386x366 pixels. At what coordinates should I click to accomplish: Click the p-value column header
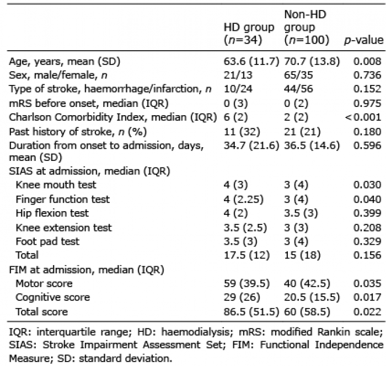click(363, 40)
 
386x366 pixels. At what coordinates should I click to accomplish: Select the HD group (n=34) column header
click(249, 34)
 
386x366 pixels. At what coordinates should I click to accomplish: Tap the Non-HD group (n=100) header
click(307, 27)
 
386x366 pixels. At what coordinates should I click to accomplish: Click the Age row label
click(65, 61)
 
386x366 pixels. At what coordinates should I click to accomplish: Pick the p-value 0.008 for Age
click(367, 61)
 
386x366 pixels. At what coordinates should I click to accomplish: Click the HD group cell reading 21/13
click(238, 75)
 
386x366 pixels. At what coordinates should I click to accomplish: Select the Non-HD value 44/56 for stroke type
click(298, 89)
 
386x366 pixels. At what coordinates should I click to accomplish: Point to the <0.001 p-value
click(363, 117)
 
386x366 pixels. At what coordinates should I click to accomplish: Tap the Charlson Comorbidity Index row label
click(113, 117)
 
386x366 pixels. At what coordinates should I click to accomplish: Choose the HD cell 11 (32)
click(242, 132)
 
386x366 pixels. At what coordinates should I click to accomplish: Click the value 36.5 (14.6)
click(312, 146)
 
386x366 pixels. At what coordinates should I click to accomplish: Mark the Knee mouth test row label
click(56, 185)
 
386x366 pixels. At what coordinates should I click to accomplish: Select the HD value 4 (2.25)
click(244, 199)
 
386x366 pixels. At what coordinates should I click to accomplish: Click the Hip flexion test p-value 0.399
click(367, 213)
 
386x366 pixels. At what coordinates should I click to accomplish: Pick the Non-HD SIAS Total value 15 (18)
click(302, 255)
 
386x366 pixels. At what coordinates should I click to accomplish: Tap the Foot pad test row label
click(47, 241)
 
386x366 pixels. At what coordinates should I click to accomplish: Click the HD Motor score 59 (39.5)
click(246, 283)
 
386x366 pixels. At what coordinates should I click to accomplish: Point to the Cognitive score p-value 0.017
click(367, 297)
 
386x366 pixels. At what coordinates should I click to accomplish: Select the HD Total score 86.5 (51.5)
click(251, 312)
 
